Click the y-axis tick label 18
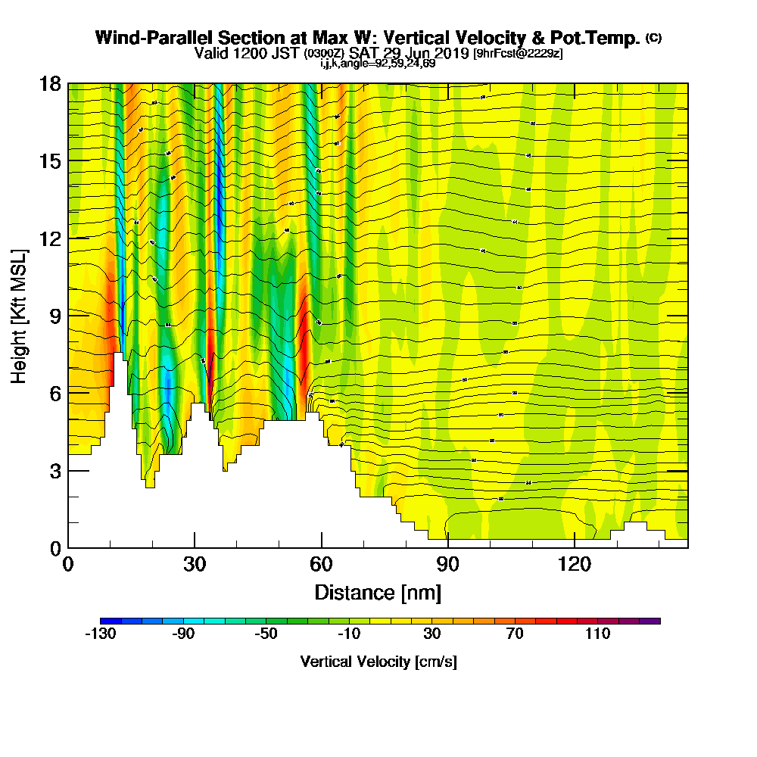coord(50,83)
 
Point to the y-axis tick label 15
coord(50,161)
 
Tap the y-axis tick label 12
coord(50,238)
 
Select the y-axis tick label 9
coord(55,316)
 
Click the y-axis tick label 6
coord(55,393)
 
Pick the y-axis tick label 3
coord(55,471)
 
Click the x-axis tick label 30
coord(195,564)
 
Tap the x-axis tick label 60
coord(322,564)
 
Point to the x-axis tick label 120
coord(575,564)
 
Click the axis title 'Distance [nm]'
coord(378,592)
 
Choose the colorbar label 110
coord(597,634)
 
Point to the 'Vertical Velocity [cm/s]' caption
coord(378,662)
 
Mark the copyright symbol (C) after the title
coord(653,37)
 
